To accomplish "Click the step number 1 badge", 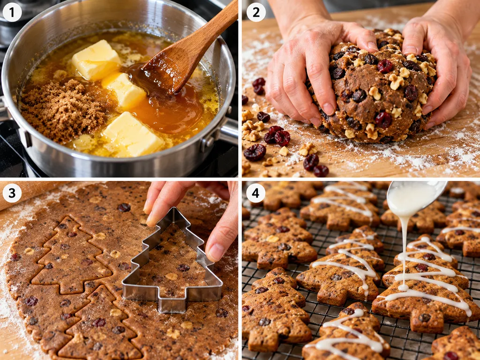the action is coord(12,12).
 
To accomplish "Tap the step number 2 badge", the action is coord(256,12).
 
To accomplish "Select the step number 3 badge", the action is coord(12,193).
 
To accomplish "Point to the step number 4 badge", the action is coord(256,193).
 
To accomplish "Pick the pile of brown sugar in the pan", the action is coord(63,110).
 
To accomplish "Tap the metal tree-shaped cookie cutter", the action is coord(172,263).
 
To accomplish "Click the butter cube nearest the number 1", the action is coord(96,60).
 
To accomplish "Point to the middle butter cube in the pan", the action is coord(124,91).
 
